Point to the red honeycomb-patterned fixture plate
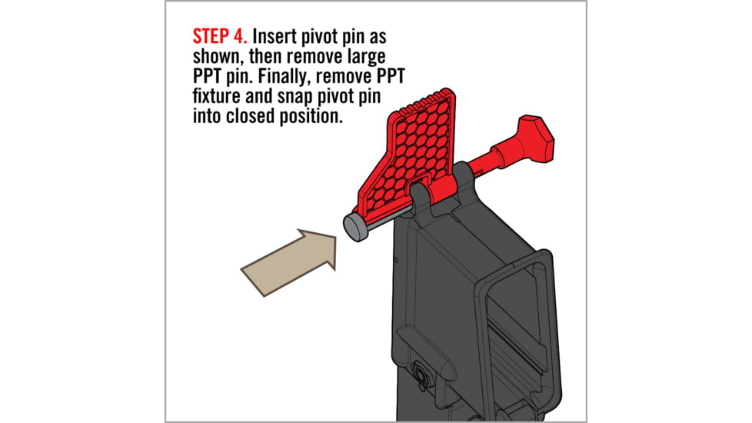pos(420,146)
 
